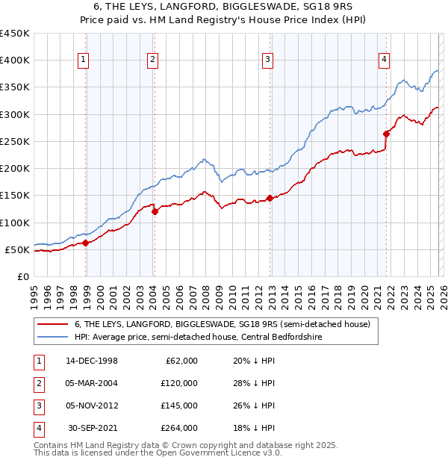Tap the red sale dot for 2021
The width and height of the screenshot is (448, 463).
point(386,134)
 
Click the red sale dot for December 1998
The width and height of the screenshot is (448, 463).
point(86,243)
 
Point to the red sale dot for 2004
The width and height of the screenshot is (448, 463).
point(155,211)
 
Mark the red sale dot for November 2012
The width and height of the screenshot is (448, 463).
point(270,198)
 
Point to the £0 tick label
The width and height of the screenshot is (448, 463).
point(23,276)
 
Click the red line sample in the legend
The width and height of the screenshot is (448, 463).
point(52,324)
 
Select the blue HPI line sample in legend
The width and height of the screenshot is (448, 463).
point(52,337)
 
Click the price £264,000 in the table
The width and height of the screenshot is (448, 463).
point(180,428)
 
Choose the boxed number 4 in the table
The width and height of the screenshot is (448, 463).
point(37,428)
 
